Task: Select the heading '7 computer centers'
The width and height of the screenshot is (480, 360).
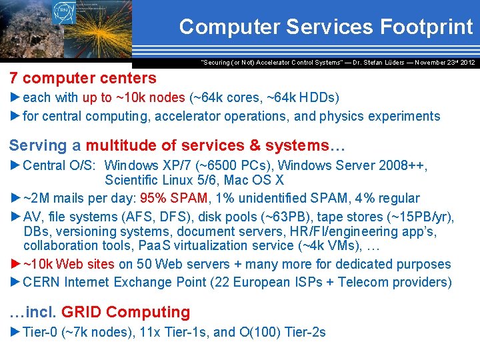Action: pos(83,78)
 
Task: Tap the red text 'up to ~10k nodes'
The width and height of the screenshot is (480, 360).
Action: pos(133,97)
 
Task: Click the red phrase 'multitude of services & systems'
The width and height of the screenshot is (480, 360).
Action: pos(207,145)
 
